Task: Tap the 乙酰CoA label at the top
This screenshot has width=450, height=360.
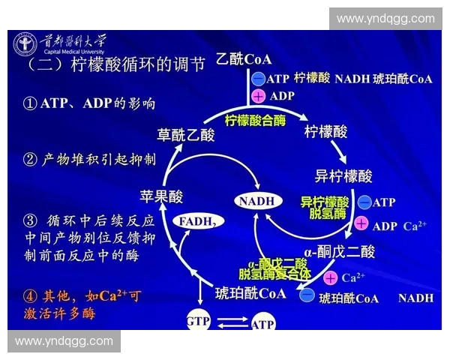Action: coord(243,59)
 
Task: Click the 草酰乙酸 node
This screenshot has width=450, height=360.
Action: coord(186,134)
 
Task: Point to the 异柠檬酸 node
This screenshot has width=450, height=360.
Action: coord(343,176)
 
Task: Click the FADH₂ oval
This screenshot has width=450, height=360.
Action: coord(199,221)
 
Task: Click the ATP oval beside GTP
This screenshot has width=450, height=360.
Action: coord(262,324)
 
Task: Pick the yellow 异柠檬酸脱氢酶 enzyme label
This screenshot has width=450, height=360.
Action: coord(325,208)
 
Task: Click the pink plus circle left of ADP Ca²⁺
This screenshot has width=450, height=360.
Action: coord(361,224)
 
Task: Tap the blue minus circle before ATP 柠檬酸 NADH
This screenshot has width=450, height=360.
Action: coord(259,78)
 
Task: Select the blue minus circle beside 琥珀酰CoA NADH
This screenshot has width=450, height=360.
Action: coord(307,297)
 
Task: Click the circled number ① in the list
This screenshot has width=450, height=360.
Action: coord(31,103)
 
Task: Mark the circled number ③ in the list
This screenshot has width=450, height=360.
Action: coord(31,220)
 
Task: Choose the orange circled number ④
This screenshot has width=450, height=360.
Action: coord(31,296)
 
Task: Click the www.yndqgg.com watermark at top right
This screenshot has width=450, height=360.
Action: coord(385,19)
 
